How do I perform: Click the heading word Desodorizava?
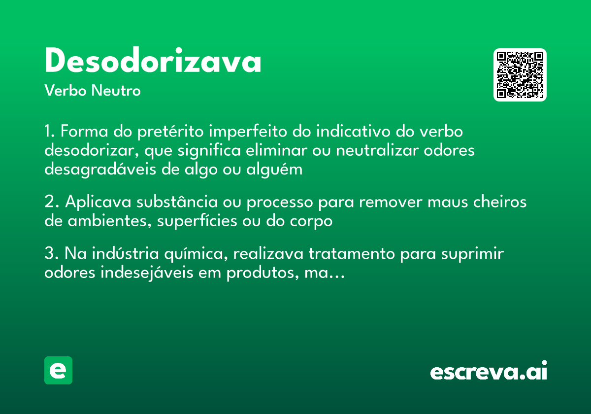153,62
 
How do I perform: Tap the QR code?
520,75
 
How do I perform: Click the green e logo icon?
58,370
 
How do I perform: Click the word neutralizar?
377,150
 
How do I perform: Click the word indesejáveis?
147,273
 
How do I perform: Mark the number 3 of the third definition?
49,254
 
